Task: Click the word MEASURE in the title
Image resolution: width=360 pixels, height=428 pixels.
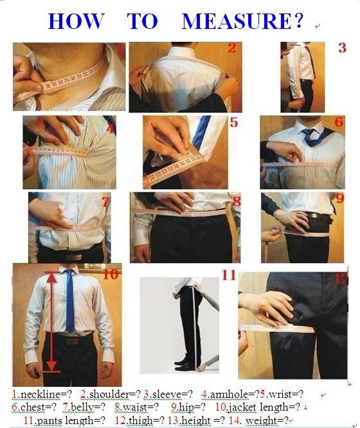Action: pos(237,21)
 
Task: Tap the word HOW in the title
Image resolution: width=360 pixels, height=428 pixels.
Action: pos(76,21)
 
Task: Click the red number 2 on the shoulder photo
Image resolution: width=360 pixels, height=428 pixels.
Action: pos(232,48)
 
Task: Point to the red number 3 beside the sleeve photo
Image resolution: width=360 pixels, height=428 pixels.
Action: pos(342,48)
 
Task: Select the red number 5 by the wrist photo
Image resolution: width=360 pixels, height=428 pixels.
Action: pos(234,122)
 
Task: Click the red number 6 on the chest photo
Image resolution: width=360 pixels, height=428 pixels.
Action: pos(339,121)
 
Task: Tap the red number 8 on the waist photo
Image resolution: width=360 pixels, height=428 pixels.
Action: pos(237,201)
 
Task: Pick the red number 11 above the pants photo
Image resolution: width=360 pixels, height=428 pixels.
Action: pos(229,275)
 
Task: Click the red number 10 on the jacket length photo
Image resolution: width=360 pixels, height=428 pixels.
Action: pos(111,274)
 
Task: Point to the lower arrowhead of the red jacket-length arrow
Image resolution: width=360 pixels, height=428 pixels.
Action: pos(51,366)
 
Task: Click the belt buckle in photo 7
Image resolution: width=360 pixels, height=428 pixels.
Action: pos(73,257)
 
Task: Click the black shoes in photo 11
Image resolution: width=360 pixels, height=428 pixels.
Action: pos(184,364)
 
